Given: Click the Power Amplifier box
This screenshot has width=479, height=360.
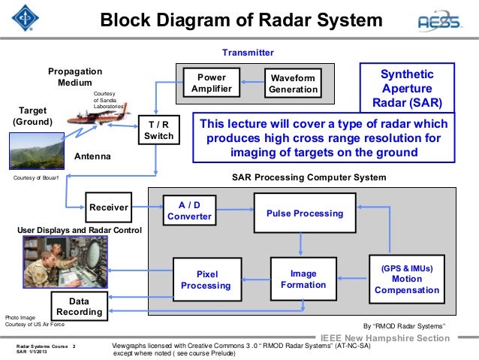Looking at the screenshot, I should click(x=211, y=83).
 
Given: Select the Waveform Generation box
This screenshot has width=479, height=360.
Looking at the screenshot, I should click(x=294, y=83).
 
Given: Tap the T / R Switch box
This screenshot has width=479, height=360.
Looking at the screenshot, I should click(x=158, y=130).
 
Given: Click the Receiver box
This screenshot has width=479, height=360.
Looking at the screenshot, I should click(x=109, y=207).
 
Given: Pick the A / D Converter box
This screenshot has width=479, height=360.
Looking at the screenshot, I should click(x=189, y=210).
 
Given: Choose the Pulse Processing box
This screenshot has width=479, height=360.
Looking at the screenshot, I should click(x=304, y=213).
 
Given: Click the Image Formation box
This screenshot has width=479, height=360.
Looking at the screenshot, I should click(x=303, y=279).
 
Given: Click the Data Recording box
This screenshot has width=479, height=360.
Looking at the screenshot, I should click(x=79, y=305).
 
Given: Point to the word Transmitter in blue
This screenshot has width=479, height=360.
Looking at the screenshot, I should click(x=248, y=53).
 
